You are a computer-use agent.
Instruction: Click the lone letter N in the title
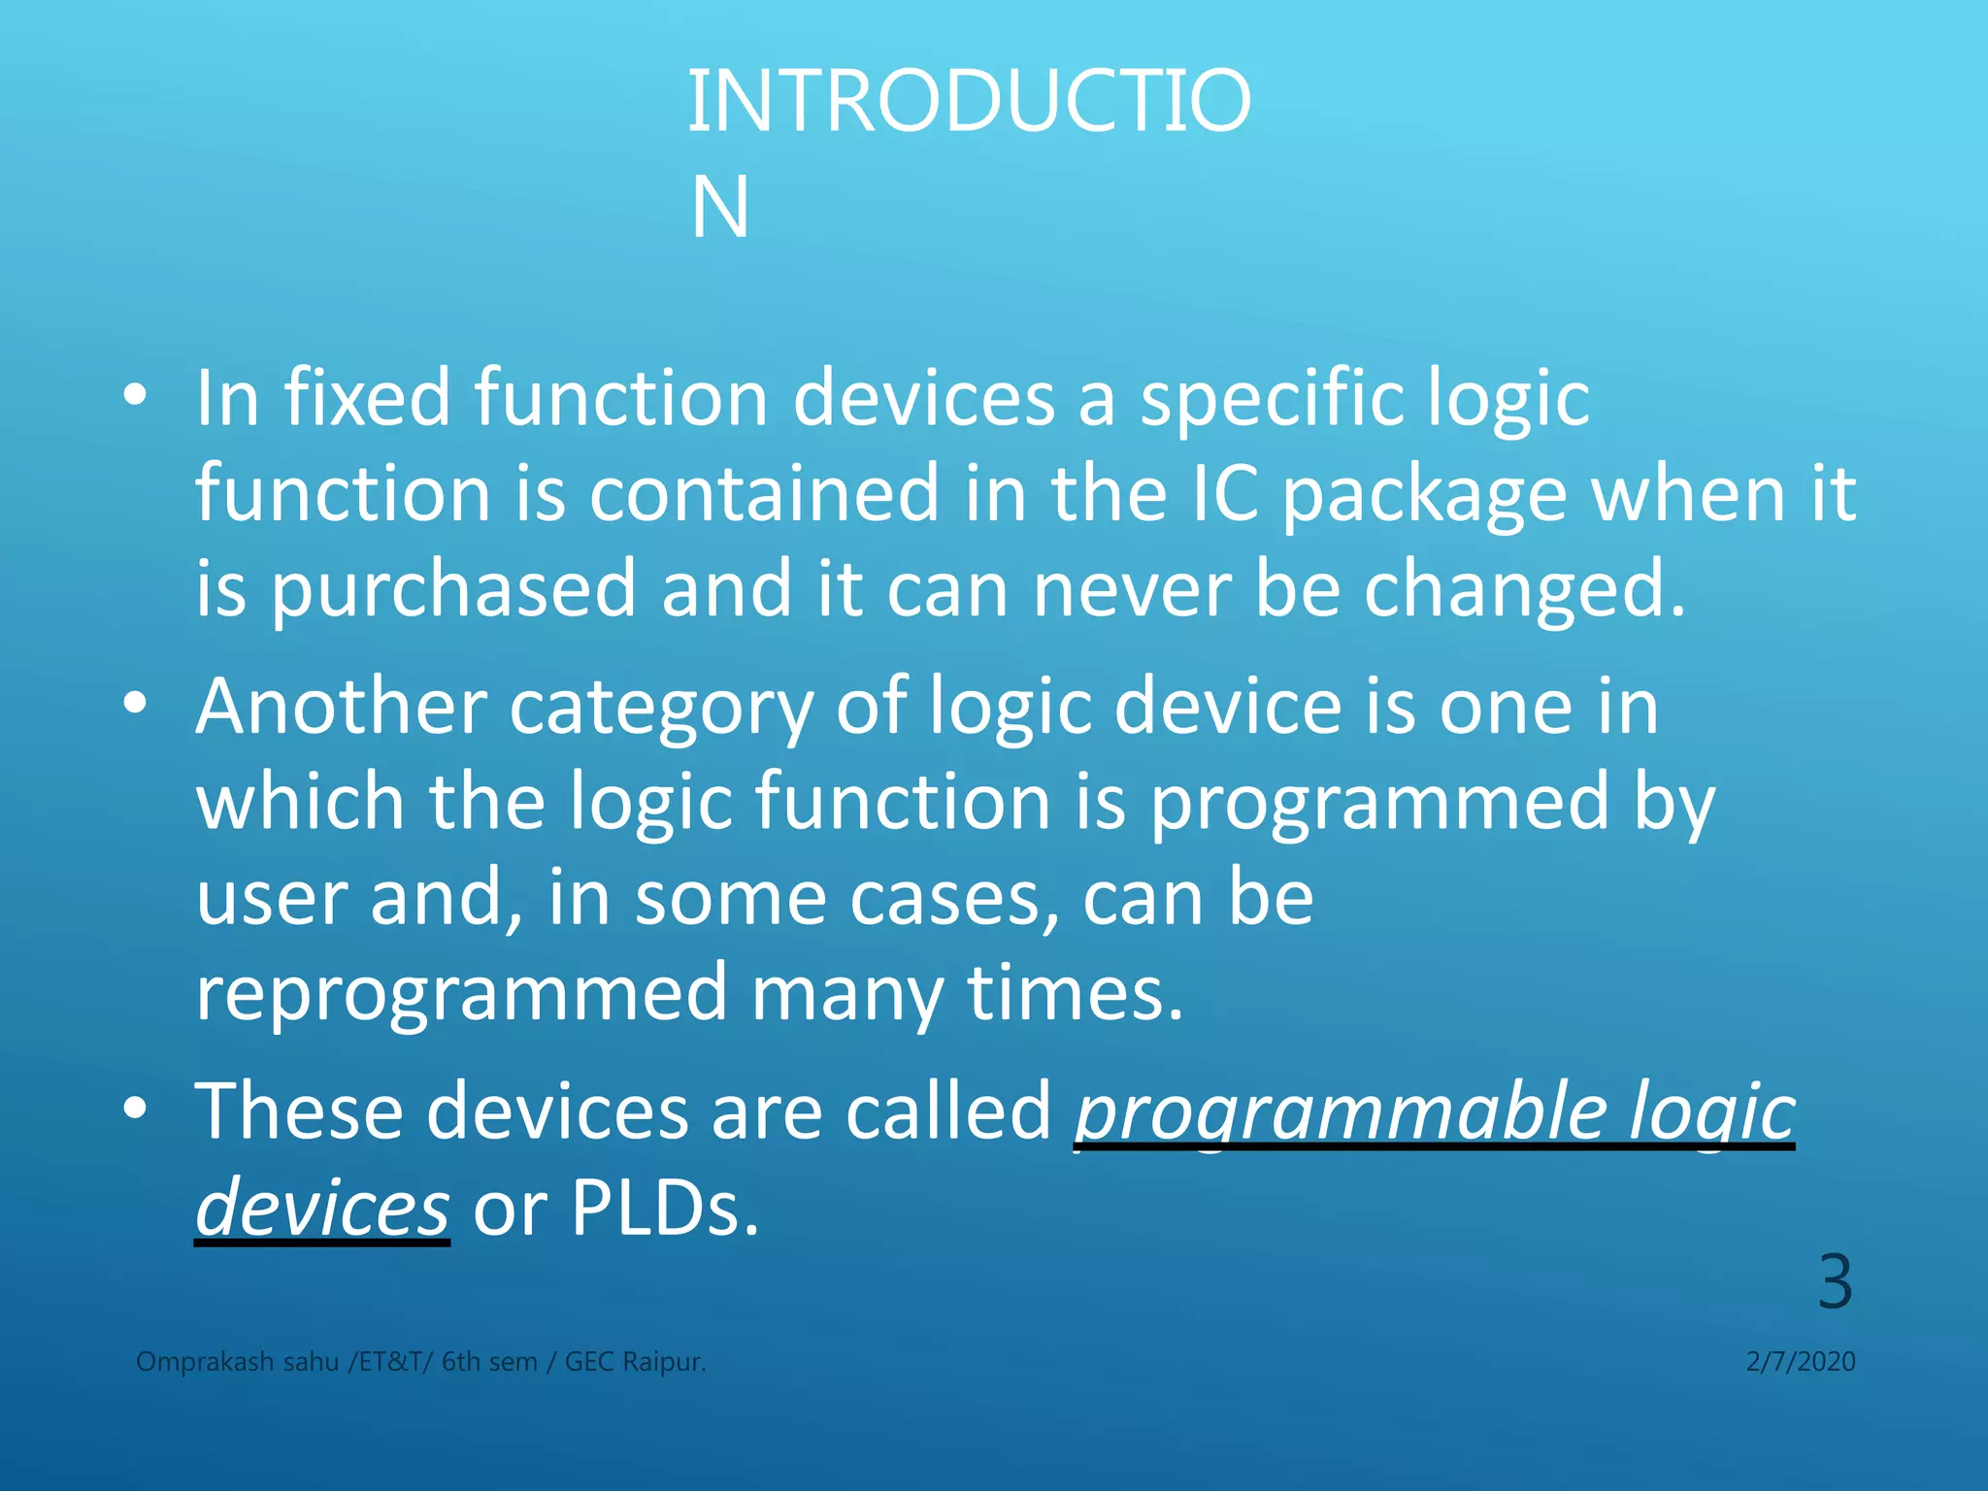tap(720, 208)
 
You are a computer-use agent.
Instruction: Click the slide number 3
tap(1835, 1282)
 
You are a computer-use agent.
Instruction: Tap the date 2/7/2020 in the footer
tap(1801, 1362)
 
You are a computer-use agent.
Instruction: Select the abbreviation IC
tap(1223, 493)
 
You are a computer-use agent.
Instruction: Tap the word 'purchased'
tap(452, 590)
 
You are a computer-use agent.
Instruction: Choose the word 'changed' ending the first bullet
tap(1524, 590)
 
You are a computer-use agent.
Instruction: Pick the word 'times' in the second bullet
tap(1075, 992)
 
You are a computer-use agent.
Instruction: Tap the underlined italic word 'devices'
tap(322, 1208)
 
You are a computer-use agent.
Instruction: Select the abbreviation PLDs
tap(664, 1208)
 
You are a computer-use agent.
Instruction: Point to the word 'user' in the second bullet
tap(271, 898)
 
